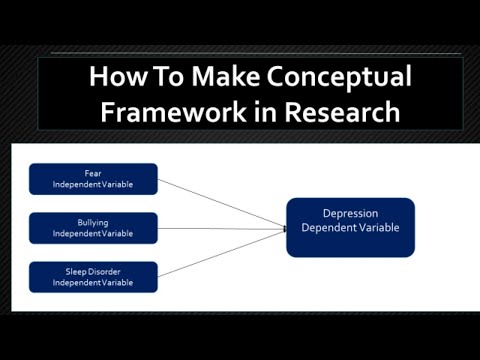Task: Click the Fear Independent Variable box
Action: click(93, 179)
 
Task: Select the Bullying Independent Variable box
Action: click(93, 228)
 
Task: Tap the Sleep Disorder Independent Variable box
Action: click(93, 277)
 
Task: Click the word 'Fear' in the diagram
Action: click(93, 173)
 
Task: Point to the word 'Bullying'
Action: click(93, 222)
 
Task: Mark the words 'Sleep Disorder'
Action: click(93, 271)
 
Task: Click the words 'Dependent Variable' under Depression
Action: click(350, 228)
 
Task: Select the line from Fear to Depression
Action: click(220, 203)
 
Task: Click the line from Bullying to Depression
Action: click(220, 229)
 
